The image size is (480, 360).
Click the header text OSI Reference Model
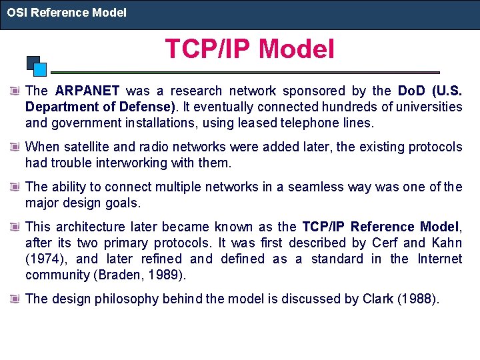67,13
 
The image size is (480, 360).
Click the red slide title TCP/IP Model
249,49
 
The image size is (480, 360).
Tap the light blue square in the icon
40,69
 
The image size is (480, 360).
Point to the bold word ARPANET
87,91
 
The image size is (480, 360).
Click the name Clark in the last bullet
377,299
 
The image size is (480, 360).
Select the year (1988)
418,299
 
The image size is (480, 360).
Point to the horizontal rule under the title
245,72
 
